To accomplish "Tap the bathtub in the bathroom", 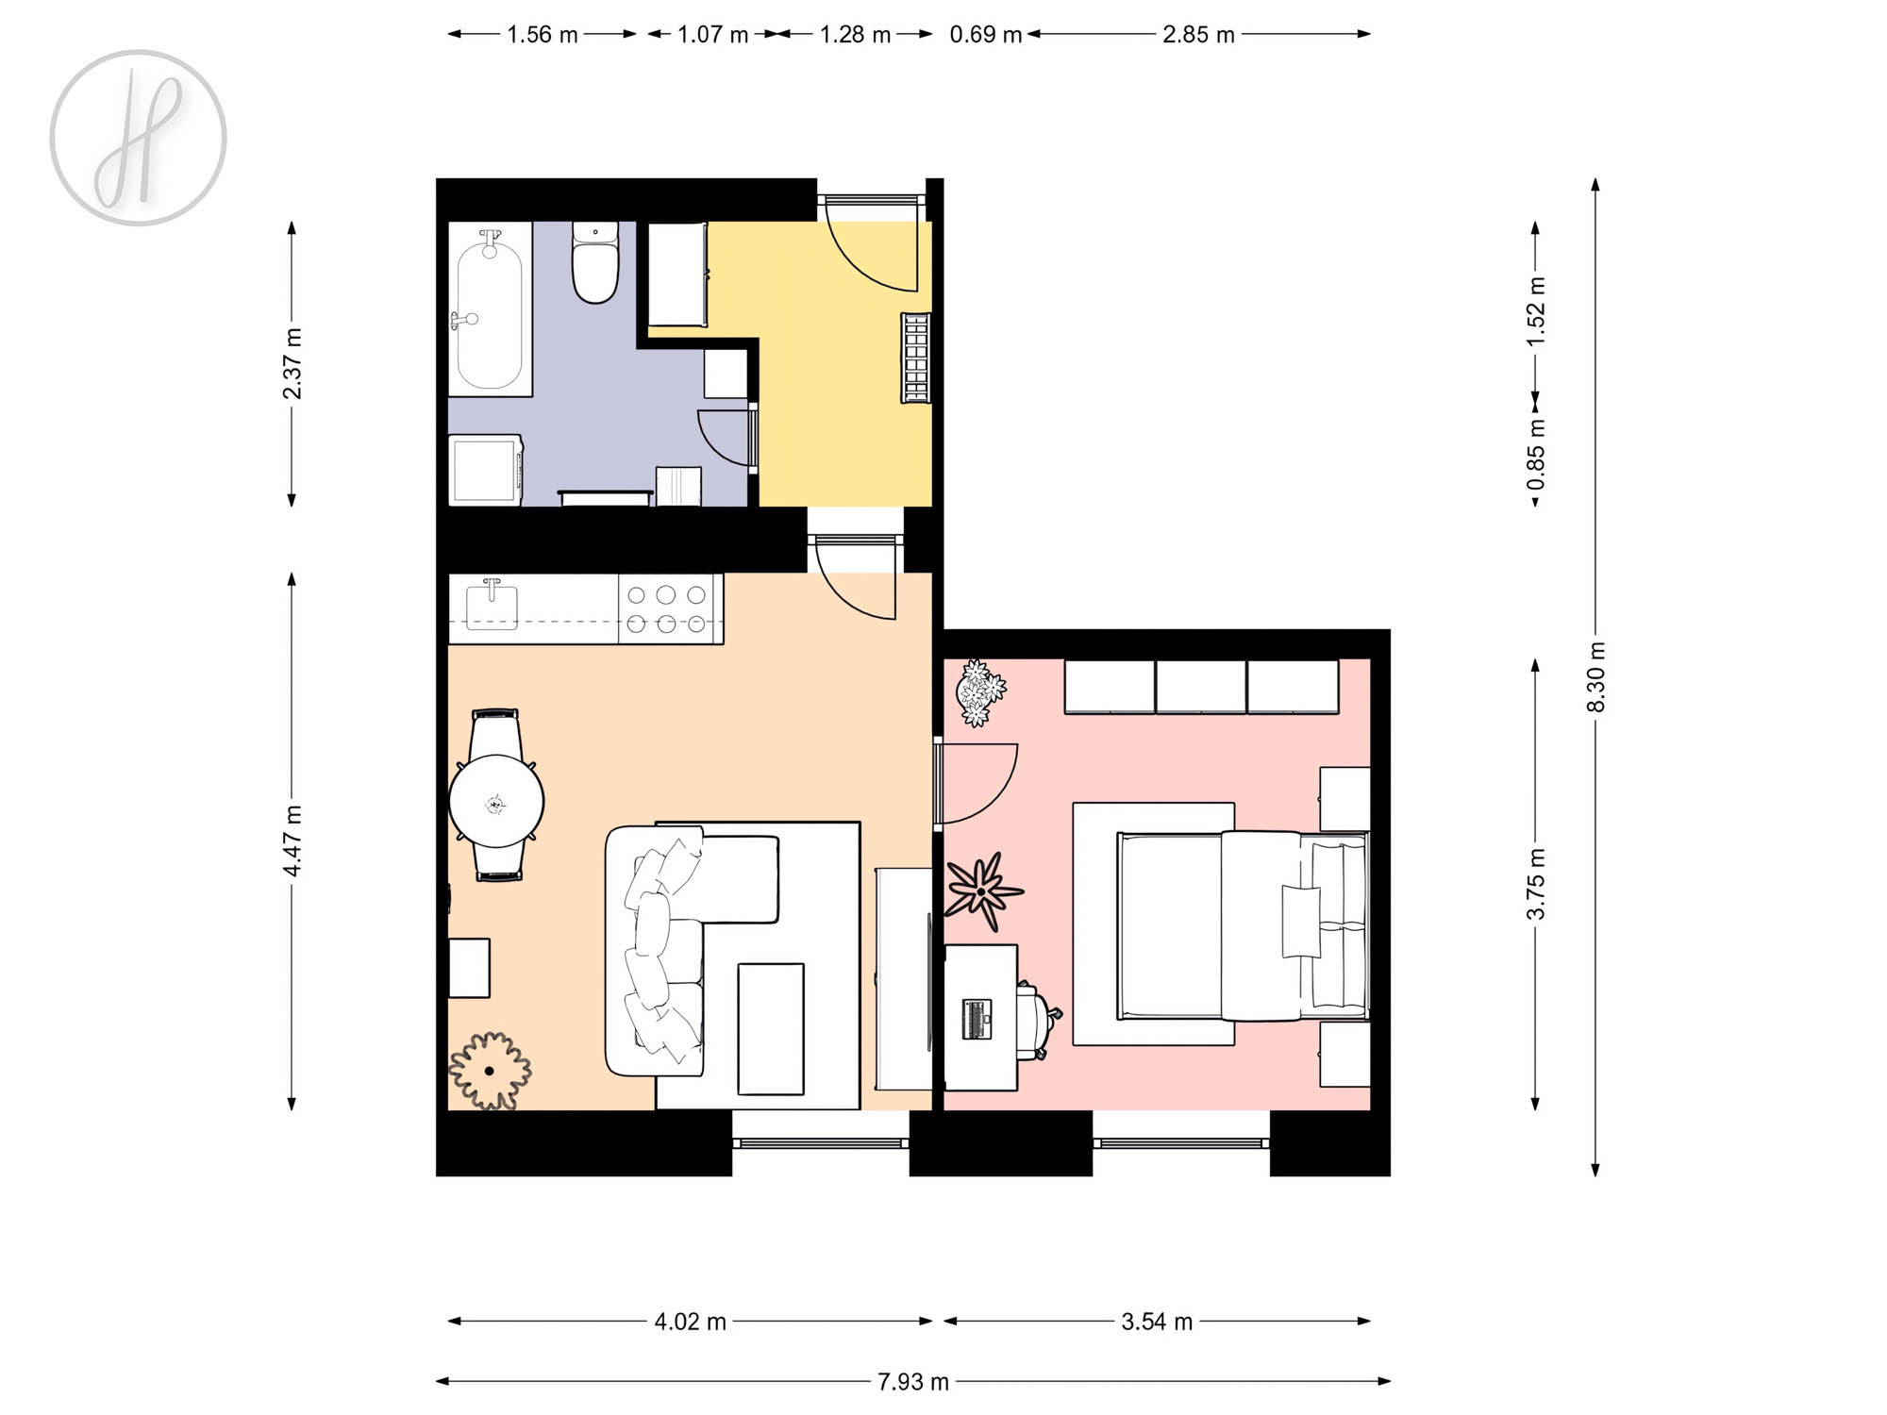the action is pyautogui.click(x=490, y=309).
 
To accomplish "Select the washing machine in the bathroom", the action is pyautogui.click(x=486, y=470).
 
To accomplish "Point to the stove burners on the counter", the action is pyautogui.click(x=667, y=609).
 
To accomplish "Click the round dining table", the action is pyautogui.click(x=496, y=801).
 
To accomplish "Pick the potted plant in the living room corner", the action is pyautogui.click(x=490, y=1071).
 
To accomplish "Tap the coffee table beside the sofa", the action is pyautogui.click(x=771, y=1029).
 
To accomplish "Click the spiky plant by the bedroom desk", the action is pyautogui.click(x=983, y=891).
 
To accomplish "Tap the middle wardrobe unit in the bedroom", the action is pyautogui.click(x=1201, y=687).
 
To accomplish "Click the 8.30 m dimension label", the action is pyautogui.click(x=1595, y=677).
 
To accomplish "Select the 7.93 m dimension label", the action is pyautogui.click(x=913, y=1382).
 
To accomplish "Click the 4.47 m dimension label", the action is pyautogui.click(x=292, y=841).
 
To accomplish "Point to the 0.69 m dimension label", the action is pyautogui.click(x=986, y=35).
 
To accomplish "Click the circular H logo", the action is pyautogui.click(x=139, y=138).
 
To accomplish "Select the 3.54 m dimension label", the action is pyautogui.click(x=1157, y=1322).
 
